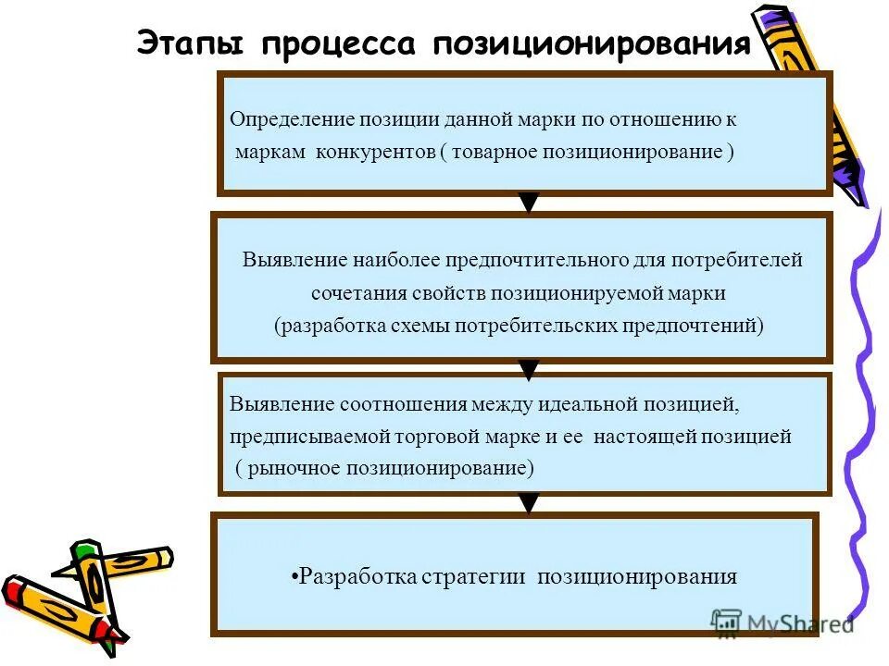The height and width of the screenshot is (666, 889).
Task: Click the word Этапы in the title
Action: coord(190,43)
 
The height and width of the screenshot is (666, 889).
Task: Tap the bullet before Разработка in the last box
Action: coord(294,578)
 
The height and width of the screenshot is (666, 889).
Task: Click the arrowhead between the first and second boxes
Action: coord(528,203)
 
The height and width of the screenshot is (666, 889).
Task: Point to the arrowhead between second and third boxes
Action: coord(528,370)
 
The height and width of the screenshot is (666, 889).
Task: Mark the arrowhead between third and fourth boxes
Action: coord(528,504)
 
